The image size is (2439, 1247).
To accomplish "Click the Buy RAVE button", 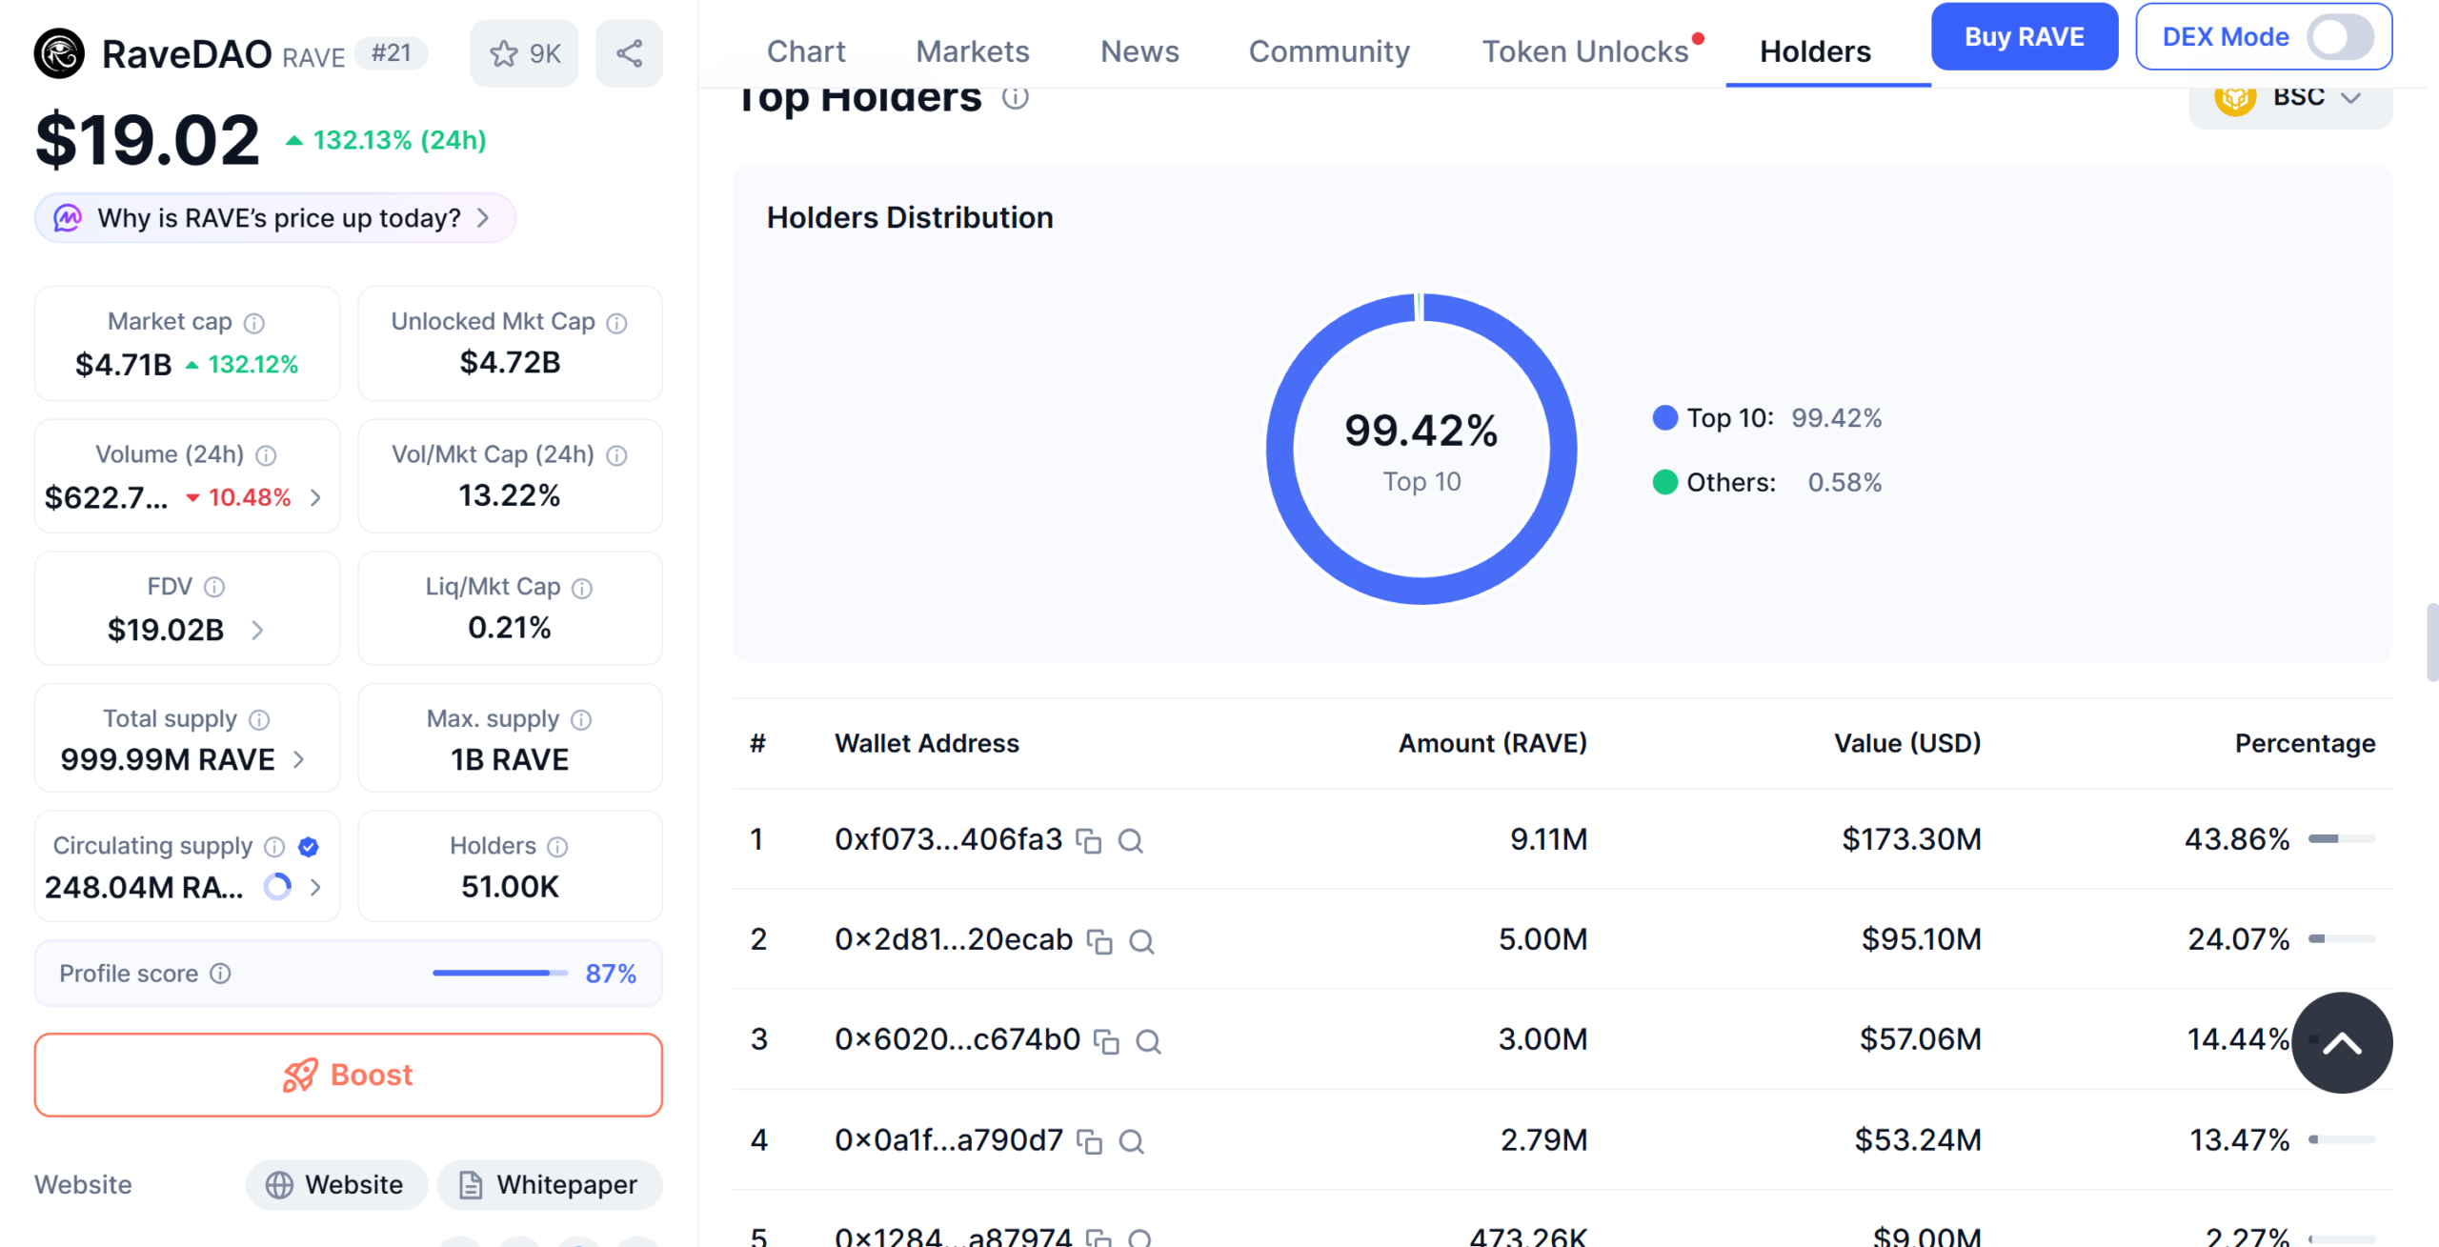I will [2023, 37].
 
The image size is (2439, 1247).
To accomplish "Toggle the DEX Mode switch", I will [2338, 37].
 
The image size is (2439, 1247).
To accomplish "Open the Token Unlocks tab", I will [1584, 51].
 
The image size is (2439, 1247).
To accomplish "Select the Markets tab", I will [972, 51].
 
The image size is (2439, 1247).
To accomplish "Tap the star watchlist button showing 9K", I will [524, 53].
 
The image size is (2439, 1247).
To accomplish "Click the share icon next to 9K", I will [629, 53].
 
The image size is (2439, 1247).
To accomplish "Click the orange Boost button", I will [348, 1075].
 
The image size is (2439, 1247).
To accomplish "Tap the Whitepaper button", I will [550, 1184].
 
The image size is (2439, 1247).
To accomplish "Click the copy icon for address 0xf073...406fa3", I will [1088, 841].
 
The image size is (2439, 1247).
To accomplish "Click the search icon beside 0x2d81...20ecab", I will [1141, 941].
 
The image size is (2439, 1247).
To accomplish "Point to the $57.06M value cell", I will [1920, 1038].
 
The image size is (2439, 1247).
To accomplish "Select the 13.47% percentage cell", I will [2239, 1139].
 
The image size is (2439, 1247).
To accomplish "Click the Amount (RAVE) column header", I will [1492, 743].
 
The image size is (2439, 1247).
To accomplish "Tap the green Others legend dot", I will [1664, 482].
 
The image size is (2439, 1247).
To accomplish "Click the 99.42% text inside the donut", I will [1421, 431].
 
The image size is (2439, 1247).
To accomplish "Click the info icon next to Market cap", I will [254, 323].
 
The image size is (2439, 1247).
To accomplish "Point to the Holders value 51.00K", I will [510, 887].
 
